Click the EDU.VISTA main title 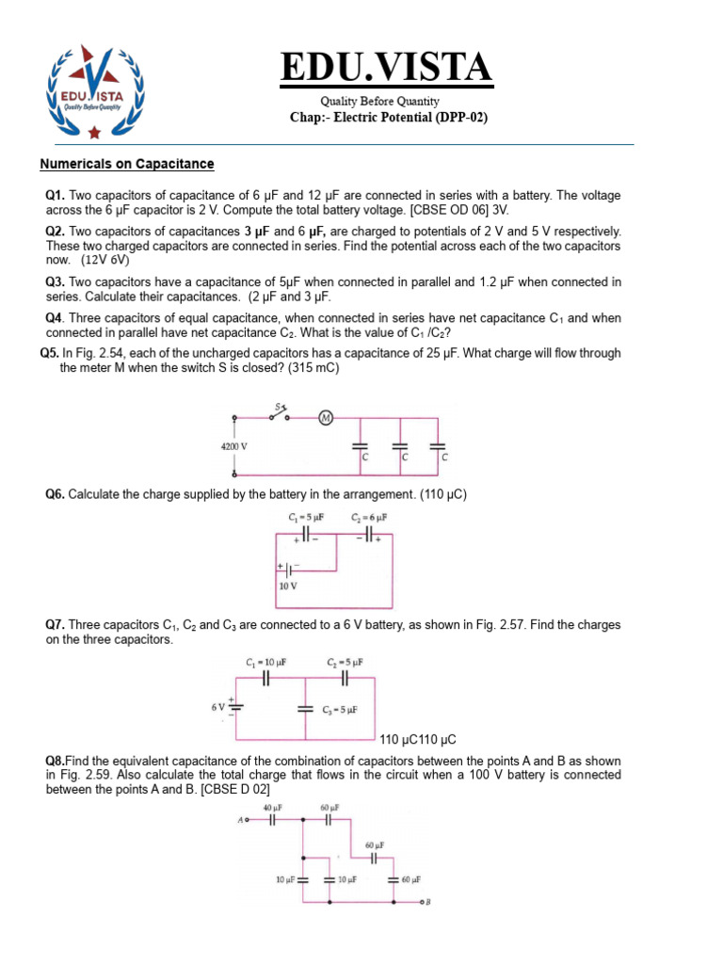387,67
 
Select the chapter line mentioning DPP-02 389,118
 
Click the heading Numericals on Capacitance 127,164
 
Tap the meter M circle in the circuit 327,418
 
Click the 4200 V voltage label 233,447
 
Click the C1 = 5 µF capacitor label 306,517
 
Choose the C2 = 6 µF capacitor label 369,517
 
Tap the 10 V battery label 288,585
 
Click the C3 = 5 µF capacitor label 339,709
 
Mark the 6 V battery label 217,706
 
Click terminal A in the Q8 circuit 243,820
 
